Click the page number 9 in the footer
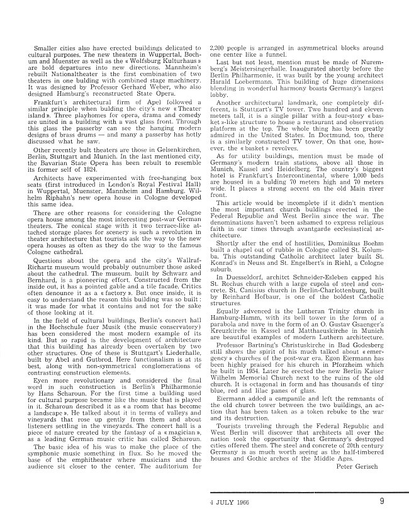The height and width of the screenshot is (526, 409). [383, 501]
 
